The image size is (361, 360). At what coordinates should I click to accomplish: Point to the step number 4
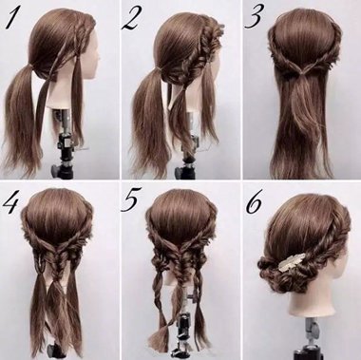tap(14, 202)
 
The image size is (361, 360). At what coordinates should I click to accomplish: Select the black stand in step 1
tap(66, 142)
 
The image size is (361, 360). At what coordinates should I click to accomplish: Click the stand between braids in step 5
tap(180, 328)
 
